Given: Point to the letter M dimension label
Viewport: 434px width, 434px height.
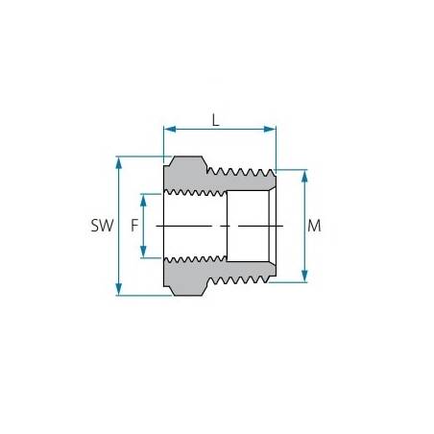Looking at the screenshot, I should [315, 227].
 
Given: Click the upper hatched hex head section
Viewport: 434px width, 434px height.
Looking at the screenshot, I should [185, 176].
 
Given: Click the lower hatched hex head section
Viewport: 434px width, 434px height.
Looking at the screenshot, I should [185, 277].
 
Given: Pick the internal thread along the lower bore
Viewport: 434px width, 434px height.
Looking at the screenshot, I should [195, 261].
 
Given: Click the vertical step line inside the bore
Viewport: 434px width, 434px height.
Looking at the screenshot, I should [228, 227].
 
